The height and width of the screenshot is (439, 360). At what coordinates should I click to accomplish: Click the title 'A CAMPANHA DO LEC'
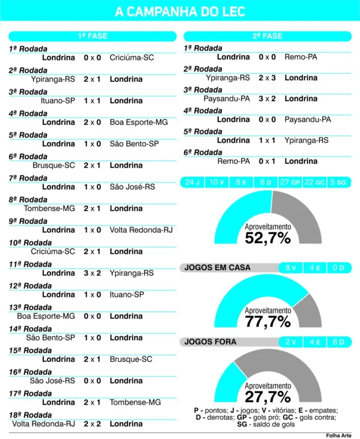click(x=180, y=12)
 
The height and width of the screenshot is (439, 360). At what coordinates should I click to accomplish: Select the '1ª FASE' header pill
click(x=93, y=36)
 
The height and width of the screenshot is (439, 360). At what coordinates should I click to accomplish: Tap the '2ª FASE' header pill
click(x=267, y=36)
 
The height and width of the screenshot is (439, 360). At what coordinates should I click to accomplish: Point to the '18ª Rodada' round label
click(x=30, y=415)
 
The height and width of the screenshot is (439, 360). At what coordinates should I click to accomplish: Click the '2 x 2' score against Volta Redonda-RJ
click(x=92, y=424)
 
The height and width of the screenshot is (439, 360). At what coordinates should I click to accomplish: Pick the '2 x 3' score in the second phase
click(x=267, y=78)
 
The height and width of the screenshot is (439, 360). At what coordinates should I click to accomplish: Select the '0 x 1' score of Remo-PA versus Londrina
click(x=267, y=161)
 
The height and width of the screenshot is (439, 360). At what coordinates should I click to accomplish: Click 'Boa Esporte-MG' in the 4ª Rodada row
click(x=139, y=122)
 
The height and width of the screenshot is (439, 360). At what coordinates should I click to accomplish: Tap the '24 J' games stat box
click(x=192, y=182)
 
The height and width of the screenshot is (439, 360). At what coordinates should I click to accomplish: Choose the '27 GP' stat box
click(x=290, y=182)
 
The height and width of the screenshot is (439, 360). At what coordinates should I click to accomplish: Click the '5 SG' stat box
click(x=339, y=182)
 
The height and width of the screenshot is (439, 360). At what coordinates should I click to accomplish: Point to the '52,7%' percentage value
click(x=268, y=238)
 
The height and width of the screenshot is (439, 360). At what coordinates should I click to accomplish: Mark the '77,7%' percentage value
click(x=268, y=322)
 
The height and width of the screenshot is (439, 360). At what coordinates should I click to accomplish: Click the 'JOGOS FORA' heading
click(x=210, y=342)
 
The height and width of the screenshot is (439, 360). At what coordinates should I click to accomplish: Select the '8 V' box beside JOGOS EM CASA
click(x=290, y=268)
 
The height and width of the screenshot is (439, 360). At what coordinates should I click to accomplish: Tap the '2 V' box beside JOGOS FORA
click(x=290, y=342)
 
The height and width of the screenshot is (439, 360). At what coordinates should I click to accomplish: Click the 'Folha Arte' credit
click(x=339, y=436)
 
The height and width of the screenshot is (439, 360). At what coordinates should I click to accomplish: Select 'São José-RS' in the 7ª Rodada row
click(x=132, y=187)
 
